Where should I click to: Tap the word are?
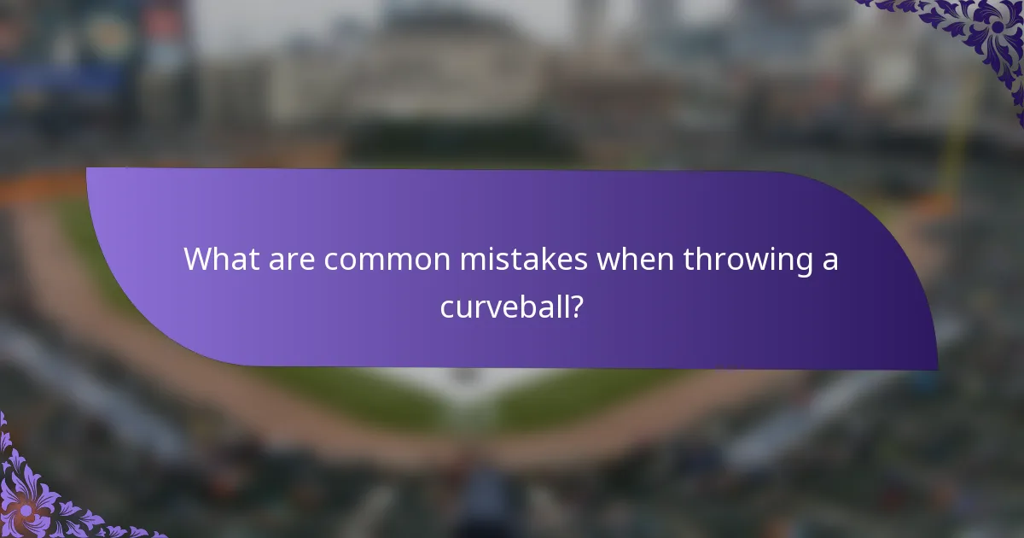tap(288, 259)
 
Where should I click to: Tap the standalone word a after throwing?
tap(829, 260)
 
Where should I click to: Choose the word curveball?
tap(503, 305)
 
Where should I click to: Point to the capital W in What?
tap(199, 259)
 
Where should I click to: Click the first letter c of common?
tap(331, 260)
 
